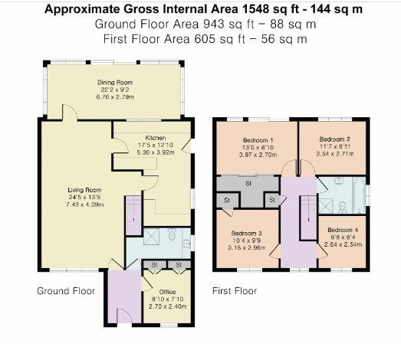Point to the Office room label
tap(166, 292)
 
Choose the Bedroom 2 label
tap(334, 140)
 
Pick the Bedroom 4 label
tap(341, 231)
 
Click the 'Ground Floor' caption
tap(66, 291)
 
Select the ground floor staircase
tap(133, 215)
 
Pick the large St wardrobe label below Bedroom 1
tap(249, 184)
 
